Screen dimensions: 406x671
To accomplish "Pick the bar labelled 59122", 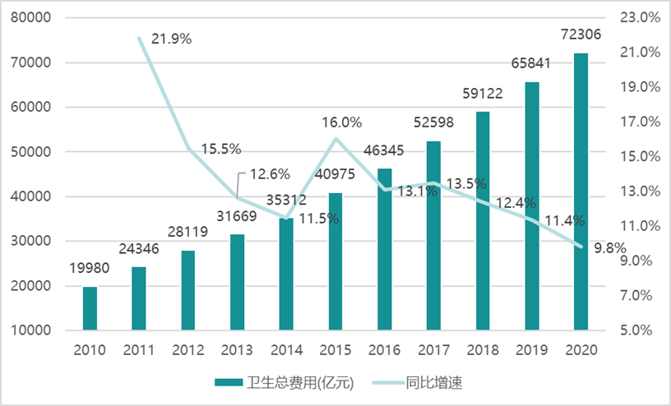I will [x=483, y=221].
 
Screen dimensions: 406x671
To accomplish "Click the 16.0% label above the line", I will [x=341, y=122].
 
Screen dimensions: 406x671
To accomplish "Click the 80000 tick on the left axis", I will [x=34, y=17].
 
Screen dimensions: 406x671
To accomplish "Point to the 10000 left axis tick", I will [x=34, y=330].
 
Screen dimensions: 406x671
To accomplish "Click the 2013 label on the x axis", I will [x=238, y=350].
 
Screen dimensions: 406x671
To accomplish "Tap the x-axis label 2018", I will [x=483, y=350].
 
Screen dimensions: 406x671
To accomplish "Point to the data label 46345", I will [x=385, y=150].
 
